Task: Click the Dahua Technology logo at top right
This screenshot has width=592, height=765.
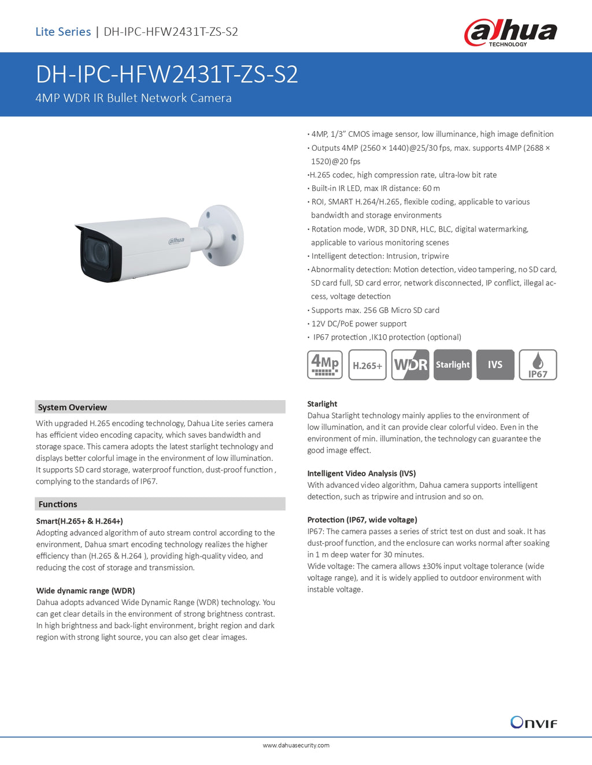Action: tap(510, 32)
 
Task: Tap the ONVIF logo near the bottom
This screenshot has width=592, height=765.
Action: tap(533, 722)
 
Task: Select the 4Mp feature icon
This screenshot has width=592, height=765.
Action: tap(325, 365)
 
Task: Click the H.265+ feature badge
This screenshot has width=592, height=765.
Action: tap(368, 365)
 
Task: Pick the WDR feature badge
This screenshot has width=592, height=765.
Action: tap(410, 365)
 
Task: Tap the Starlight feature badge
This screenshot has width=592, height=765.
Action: tap(453, 365)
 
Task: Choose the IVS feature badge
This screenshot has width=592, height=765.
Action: tap(495, 365)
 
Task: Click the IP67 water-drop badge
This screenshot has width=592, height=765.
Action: tap(538, 365)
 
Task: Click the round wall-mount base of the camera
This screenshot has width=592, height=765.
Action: tap(221, 235)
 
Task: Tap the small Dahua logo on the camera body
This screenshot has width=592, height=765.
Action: tap(176, 240)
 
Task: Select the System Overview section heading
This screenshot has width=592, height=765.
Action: tap(72, 407)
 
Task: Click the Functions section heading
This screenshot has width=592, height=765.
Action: tap(58, 504)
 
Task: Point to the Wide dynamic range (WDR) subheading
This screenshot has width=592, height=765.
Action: tap(86, 591)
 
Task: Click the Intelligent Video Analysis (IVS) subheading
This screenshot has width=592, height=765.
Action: tap(361, 473)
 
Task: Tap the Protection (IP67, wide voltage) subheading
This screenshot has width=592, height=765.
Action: tap(362, 520)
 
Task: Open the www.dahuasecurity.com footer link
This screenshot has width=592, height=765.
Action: tap(296, 745)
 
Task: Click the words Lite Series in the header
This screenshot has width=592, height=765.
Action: tap(63, 32)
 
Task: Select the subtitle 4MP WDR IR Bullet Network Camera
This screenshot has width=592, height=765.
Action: tap(134, 98)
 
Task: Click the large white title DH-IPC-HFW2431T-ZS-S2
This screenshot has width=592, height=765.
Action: tap(166, 74)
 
